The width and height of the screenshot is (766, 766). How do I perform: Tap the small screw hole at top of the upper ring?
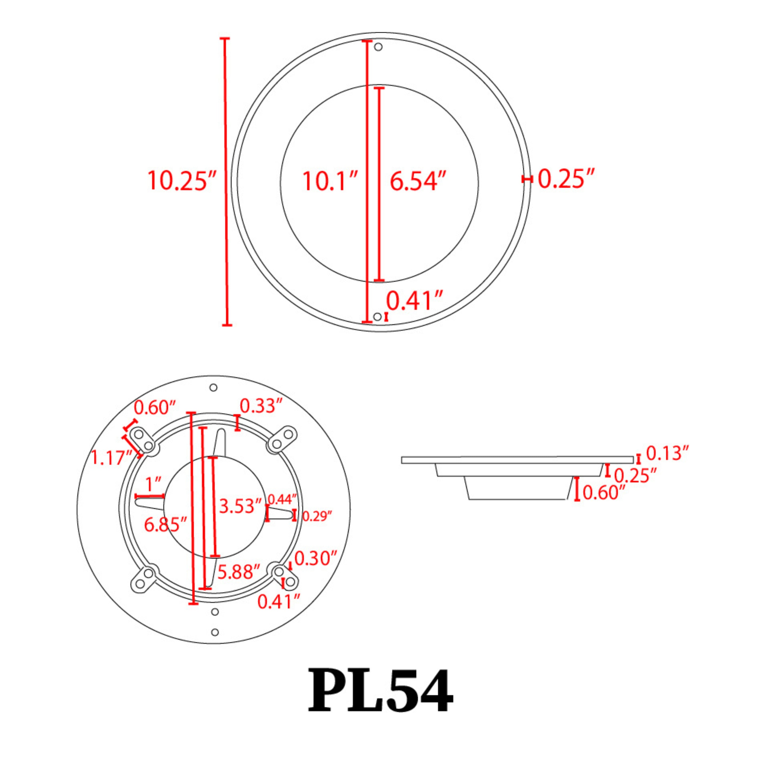click(378, 47)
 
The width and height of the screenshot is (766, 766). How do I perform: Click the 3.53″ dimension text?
click(240, 506)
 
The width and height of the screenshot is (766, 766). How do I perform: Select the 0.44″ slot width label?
click(282, 499)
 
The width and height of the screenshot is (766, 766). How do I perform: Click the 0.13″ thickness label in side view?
click(667, 453)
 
